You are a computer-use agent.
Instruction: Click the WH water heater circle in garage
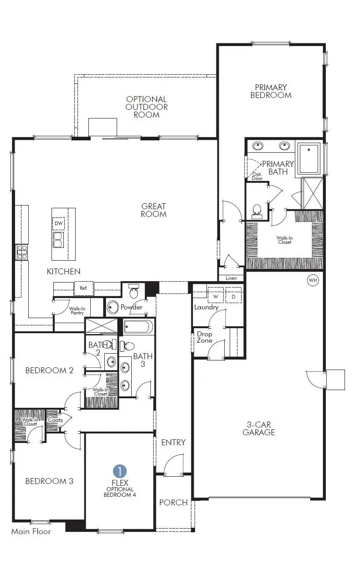point(313,280)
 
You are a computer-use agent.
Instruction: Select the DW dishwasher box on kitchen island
point(58,223)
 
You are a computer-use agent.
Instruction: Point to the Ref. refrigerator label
point(84,288)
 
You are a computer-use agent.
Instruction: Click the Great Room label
point(154,210)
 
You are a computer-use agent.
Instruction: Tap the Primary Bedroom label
point(271,91)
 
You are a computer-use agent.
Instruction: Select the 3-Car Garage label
point(259,428)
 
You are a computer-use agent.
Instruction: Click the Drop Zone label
point(205,337)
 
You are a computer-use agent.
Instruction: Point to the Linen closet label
point(231,278)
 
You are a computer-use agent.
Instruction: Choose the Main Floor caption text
point(31,531)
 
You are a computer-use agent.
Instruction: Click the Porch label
point(173,502)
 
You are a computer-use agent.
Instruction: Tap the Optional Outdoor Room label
point(147,107)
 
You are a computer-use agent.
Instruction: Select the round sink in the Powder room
point(113,308)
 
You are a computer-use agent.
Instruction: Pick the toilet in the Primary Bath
point(257,211)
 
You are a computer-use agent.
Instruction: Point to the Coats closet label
point(55,420)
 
